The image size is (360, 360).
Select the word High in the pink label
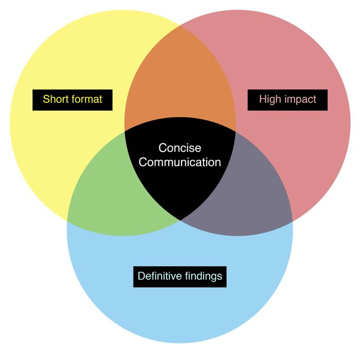tap(271, 99)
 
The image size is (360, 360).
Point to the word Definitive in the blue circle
tap(160, 276)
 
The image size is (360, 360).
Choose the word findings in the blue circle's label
tap(204, 276)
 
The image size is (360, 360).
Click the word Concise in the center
tap(179, 148)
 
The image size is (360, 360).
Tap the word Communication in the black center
tap(180, 163)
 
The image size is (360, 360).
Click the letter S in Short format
tap(46, 99)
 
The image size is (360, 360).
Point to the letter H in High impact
tap(263, 99)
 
